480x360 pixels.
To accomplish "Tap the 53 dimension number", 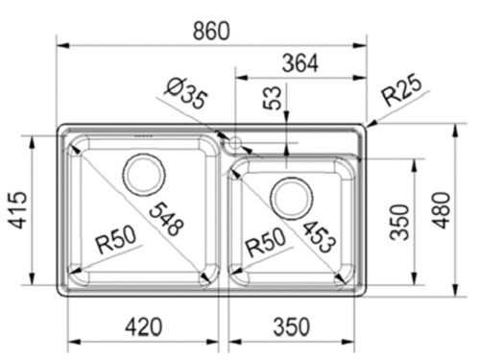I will tap(274, 96).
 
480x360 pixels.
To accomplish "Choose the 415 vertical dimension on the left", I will tap(16, 211).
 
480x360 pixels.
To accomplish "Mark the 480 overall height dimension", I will tap(465, 209).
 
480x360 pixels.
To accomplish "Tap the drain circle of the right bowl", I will tap(291, 198).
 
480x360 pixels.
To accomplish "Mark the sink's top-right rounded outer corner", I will tap(364, 128).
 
